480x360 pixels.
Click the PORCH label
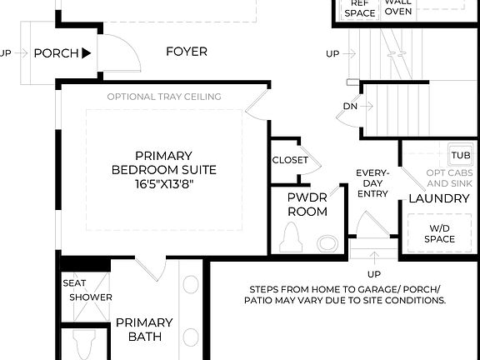[x=55, y=53]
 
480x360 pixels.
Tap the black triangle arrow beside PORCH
[x=87, y=53]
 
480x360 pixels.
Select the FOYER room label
[x=186, y=52]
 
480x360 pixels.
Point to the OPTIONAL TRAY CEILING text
[x=163, y=97]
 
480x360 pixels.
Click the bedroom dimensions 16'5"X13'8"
[x=163, y=184]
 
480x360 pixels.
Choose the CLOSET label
[x=290, y=160]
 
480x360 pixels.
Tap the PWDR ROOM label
[x=307, y=205]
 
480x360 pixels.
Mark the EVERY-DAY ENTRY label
[x=372, y=183]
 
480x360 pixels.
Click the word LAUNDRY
[x=438, y=198]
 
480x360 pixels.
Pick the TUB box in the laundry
[x=460, y=156]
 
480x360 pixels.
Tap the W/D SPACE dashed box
[x=442, y=232]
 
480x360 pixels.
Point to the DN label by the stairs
[x=351, y=107]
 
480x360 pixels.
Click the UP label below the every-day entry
[x=374, y=273]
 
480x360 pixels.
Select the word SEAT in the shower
[x=74, y=282]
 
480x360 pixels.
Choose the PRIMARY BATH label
[x=144, y=330]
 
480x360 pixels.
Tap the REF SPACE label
[x=359, y=7]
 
